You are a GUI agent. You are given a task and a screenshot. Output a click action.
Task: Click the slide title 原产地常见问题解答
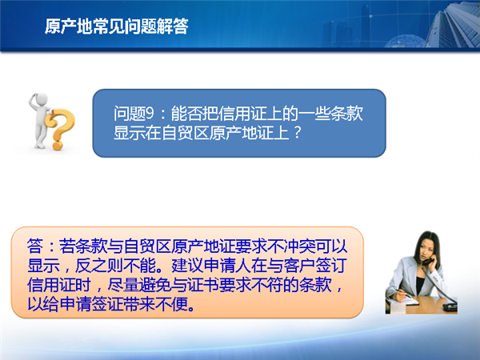pyautogui.click(x=116, y=26)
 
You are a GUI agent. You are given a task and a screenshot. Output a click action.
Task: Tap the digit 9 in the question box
pyautogui.click(x=150, y=114)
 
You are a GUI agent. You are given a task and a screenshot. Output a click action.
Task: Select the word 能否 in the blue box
pyautogui.click(x=186, y=114)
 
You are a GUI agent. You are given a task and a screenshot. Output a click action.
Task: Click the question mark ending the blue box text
pyautogui.click(x=297, y=133)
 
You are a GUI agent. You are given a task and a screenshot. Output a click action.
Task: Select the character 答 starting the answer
pyautogui.click(x=35, y=246)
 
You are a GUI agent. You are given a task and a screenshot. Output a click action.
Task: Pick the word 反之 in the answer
pyautogui.click(x=90, y=266)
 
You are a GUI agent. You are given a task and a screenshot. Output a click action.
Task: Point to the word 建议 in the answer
pyautogui.click(x=186, y=266)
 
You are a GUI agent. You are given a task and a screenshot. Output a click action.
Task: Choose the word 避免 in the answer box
pyautogui.click(x=155, y=286)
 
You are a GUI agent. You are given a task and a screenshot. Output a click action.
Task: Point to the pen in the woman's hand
pyautogui.click(x=403, y=293)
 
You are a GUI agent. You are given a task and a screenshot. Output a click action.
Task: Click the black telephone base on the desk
pyautogui.click(x=450, y=306)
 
